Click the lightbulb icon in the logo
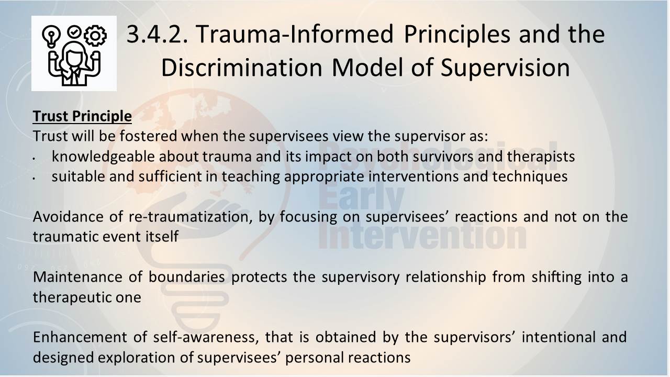pos(51,36)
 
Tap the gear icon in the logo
pos(95,36)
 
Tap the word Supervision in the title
pos(505,68)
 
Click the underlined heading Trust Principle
pos(82,116)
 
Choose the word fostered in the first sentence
pos(148,136)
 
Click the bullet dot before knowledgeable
pos(35,158)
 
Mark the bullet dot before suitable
pos(35,179)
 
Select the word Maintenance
pos(77,277)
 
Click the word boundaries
pos(187,277)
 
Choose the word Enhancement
pos(80,337)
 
